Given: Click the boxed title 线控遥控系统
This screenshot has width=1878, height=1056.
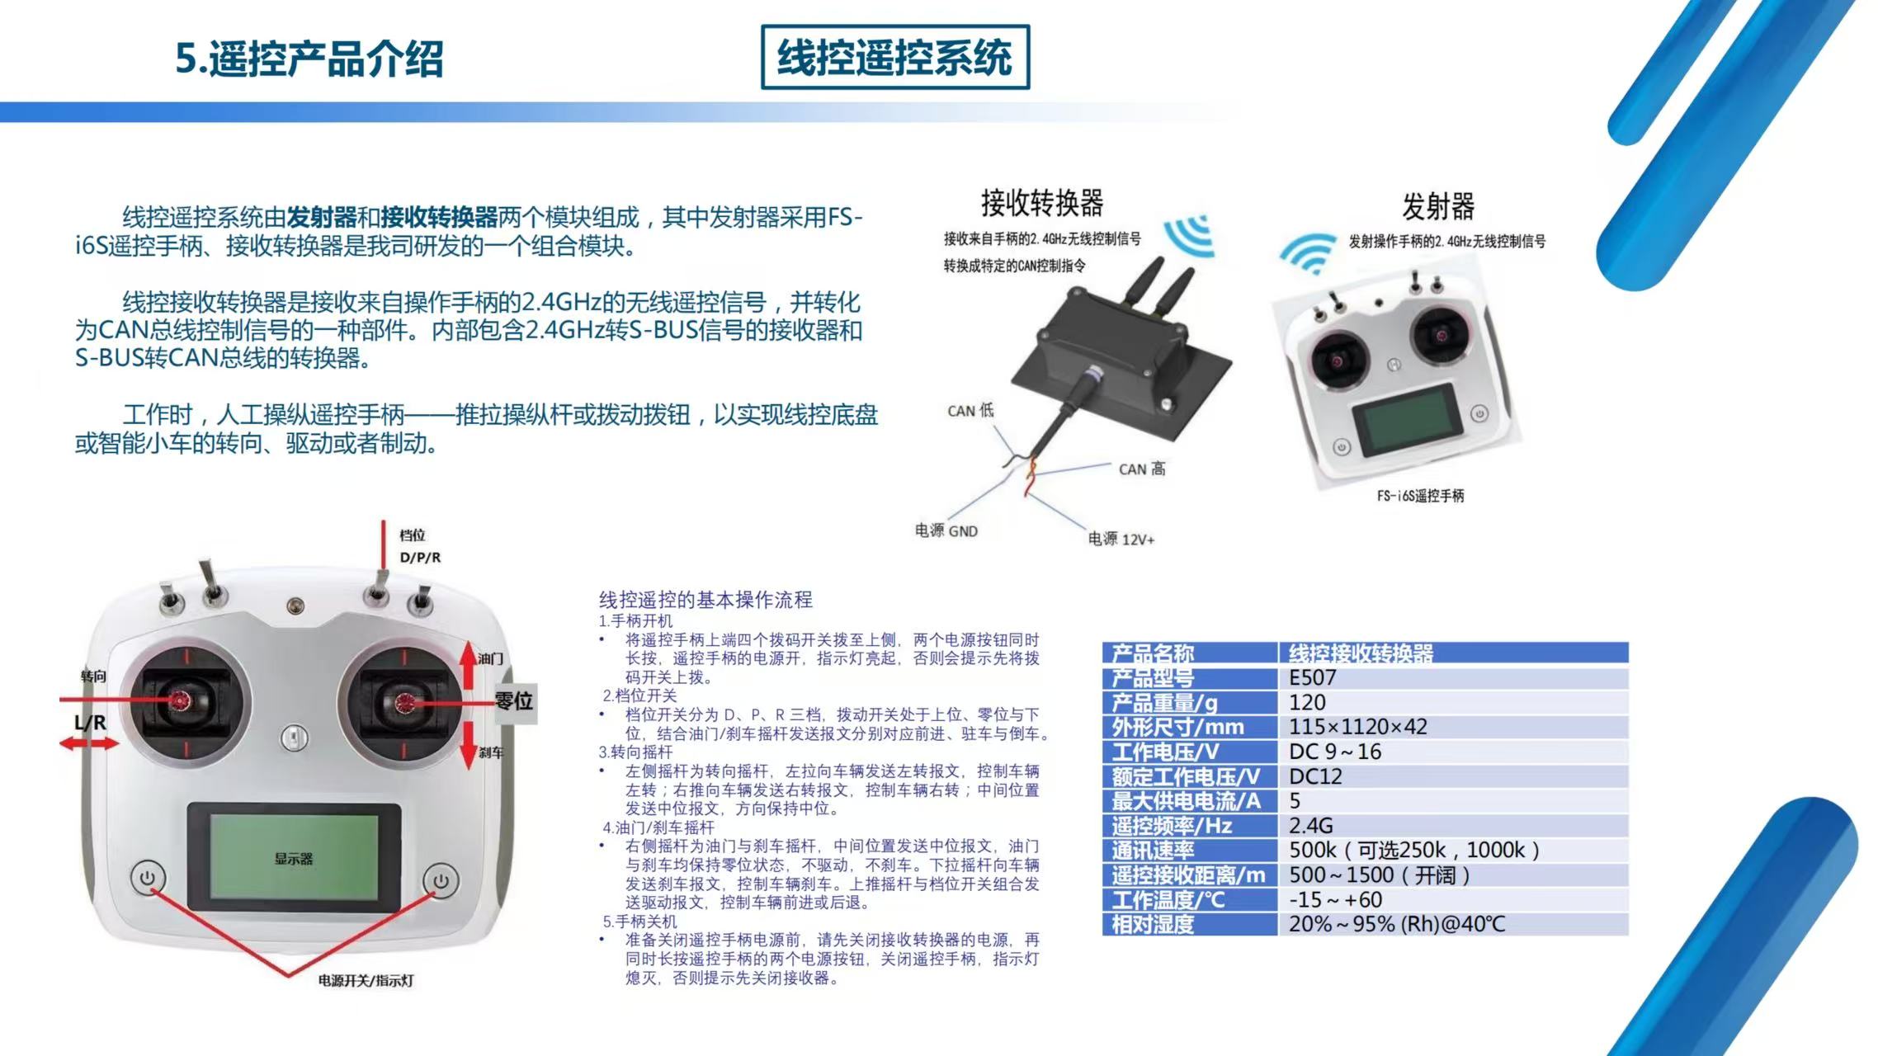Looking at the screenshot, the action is [895, 57].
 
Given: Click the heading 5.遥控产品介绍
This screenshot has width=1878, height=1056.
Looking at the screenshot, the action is [309, 59].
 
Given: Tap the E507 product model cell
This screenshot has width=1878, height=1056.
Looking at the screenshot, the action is [1312, 678].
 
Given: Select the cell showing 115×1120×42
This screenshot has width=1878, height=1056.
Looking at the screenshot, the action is [1357, 727].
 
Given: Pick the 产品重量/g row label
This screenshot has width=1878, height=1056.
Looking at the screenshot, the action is [1164, 703].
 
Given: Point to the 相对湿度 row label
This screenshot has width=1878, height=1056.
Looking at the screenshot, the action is [1153, 925].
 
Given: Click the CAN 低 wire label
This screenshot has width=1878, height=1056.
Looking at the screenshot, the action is [970, 410].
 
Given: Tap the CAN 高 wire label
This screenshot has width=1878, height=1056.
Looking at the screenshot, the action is [1142, 469].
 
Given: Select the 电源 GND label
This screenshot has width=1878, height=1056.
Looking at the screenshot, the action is [946, 530].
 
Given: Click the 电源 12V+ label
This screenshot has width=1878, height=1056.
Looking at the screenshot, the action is [1121, 539].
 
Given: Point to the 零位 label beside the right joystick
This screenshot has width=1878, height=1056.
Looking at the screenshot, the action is [514, 701].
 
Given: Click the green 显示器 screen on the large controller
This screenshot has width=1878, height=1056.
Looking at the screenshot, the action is [294, 858].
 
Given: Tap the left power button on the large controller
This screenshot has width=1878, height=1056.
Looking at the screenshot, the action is [148, 878].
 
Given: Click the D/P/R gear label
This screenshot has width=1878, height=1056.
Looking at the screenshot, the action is [420, 557].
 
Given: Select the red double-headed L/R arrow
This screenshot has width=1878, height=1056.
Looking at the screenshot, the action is [89, 744].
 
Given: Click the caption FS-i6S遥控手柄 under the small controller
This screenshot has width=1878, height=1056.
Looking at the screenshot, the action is [1420, 496].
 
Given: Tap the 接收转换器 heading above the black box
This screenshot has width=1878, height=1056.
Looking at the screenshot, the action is [1042, 202].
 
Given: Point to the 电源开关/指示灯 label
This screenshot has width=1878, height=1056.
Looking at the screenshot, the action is [366, 980].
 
